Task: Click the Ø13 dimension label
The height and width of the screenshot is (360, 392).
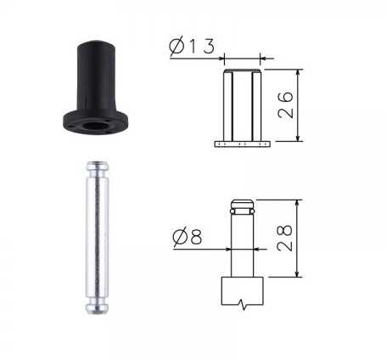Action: [x=192, y=46]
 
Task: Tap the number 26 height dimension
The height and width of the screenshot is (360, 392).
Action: [x=285, y=104]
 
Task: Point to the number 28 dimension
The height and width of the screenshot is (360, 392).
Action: [x=284, y=238]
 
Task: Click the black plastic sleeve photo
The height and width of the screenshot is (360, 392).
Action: [x=96, y=88]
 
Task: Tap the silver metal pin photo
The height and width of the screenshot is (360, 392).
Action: [x=97, y=238]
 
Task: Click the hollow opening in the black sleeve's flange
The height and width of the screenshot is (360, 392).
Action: [x=95, y=126]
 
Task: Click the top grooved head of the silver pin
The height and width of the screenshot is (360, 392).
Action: [x=97, y=167]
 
